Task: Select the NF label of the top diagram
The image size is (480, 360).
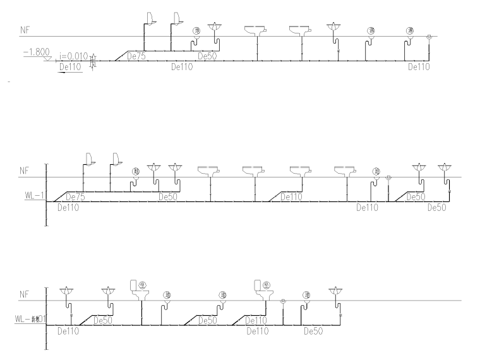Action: click(x=25, y=29)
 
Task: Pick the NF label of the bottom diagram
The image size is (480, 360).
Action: click(x=25, y=294)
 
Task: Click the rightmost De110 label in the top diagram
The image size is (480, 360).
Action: click(x=418, y=66)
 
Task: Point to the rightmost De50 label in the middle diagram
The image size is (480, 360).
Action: click(x=436, y=207)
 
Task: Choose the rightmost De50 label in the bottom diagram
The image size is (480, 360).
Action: click(x=313, y=330)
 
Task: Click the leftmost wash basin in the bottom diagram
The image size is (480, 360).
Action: click(x=67, y=292)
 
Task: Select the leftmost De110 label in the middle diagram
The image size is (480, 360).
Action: click(x=68, y=207)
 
